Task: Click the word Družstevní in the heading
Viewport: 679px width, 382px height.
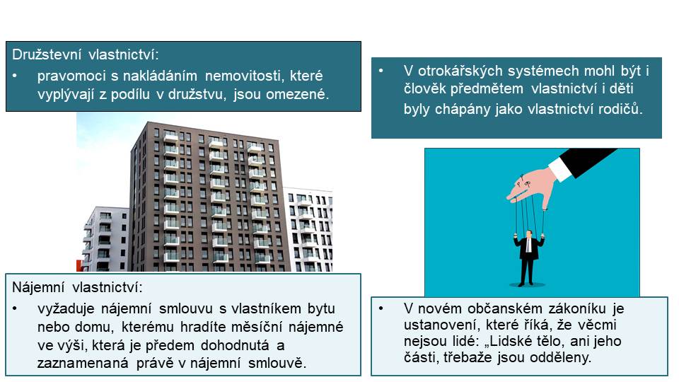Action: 47,54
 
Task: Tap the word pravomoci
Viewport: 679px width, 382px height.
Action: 71,76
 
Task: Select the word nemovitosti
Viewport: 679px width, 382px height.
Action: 243,76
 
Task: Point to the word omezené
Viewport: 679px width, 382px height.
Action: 298,94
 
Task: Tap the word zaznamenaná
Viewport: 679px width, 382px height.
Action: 83,363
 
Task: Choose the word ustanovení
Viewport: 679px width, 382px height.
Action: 441,325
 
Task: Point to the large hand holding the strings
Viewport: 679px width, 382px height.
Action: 531,187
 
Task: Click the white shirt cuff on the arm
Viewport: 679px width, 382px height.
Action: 560,168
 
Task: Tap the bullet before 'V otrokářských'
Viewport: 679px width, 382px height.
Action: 381,71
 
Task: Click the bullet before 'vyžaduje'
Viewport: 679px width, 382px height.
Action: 15,309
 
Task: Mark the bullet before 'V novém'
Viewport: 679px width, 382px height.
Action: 381,308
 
